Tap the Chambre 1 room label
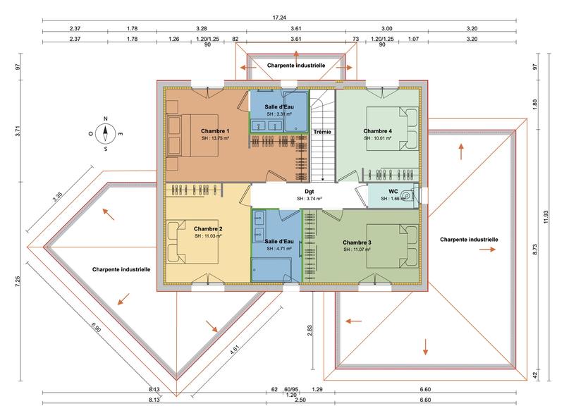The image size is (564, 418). tap(215, 131)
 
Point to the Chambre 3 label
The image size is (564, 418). tap(356, 242)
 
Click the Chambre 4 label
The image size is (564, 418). tap(377, 131)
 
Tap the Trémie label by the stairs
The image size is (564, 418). tap(322, 132)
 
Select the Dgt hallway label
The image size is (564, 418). tap(309, 191)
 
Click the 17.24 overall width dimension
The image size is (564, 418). tap(280, 17)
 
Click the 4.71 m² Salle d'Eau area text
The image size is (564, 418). tap(278, 248)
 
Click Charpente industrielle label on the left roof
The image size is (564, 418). tap(121, 269)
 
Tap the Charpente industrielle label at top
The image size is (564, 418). tap(295, 64)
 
